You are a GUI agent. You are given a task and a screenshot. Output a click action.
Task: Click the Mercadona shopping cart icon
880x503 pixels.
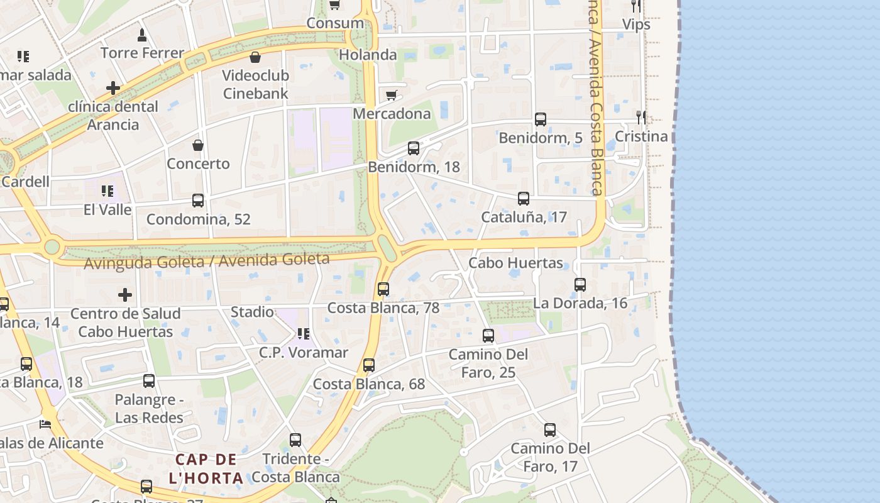(392, 95)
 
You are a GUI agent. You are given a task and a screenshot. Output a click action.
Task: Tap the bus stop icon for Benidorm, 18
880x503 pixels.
(413, 148)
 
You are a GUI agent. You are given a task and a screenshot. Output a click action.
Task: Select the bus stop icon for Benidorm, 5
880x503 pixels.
(540, 119)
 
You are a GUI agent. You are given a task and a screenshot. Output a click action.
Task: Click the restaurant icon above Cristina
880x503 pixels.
(641, 117)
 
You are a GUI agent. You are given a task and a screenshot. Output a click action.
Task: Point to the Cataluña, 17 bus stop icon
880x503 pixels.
(523, 199)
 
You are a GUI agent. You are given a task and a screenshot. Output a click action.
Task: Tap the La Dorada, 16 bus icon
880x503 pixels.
(580, 285)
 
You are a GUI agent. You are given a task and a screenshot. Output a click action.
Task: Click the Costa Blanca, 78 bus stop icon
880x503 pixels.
(383, 289)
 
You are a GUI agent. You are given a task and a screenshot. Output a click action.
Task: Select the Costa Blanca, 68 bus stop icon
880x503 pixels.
(368, 365)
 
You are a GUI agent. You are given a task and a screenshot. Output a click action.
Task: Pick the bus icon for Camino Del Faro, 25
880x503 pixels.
(488, 336)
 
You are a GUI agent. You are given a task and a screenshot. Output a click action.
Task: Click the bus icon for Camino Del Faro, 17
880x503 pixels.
(549, 430)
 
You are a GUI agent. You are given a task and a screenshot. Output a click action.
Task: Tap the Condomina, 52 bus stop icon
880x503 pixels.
(197, 201)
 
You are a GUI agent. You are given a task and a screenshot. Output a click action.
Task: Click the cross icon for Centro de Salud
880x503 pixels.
(125, 294)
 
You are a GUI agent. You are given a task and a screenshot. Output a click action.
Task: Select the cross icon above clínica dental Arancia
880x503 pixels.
(113, 88)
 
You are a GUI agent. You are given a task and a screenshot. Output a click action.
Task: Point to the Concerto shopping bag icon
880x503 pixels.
(198, 145)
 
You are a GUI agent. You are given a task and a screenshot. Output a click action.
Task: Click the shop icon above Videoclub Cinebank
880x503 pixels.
(255, 57)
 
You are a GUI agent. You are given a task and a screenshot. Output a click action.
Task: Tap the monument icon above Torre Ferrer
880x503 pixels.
(142, 35)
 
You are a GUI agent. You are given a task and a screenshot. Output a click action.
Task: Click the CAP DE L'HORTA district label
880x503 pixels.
(206, 468)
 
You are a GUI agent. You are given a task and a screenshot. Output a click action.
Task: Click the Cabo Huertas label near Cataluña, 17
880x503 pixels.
(515, 263)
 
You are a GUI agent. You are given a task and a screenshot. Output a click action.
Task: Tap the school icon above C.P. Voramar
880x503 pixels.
(303, 334)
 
